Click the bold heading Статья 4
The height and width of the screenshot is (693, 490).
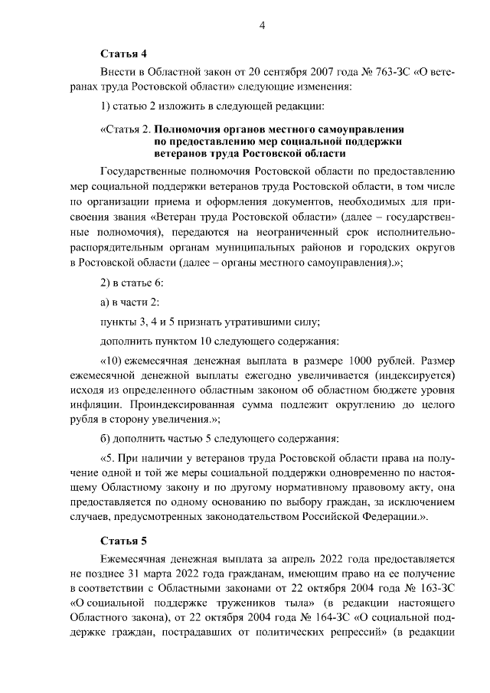123,54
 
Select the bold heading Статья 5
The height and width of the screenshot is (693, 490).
123,541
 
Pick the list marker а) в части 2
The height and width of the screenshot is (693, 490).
107,301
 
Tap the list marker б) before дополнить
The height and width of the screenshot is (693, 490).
107,439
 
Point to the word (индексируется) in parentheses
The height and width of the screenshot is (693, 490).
414,376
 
